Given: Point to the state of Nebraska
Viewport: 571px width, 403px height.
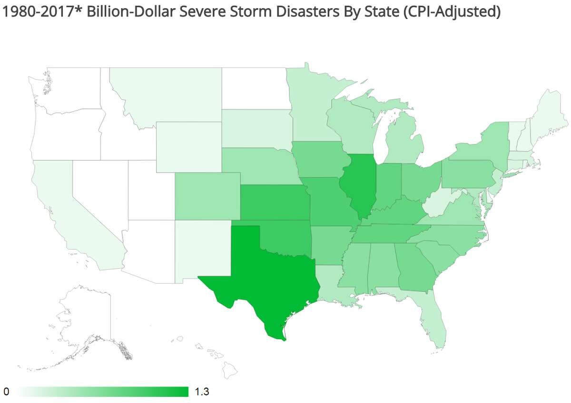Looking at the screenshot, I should (x=257, y=164).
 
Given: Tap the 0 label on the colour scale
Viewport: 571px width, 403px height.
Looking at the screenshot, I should (x=6, y=392).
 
